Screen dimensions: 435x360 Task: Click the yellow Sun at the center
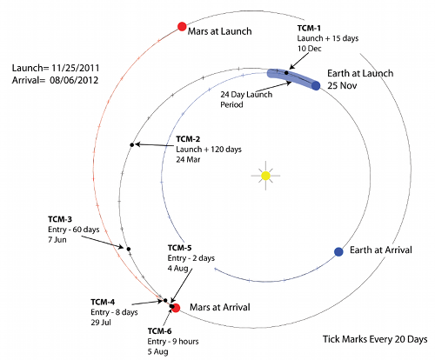[x=265, y=176]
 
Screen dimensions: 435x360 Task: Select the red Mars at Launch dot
[x=182, y=26]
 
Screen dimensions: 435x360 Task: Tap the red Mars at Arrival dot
[x=176, y=308]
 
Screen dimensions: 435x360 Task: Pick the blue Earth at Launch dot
[x=316, y=86]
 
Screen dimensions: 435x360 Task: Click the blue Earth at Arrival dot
[x=338, y=252]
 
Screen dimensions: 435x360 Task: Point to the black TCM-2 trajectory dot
[x=132, y=144]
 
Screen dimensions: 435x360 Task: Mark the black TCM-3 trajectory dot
[x=129, y=249]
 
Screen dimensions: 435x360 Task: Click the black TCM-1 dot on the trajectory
[x=286, y=73]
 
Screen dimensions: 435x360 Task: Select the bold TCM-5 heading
[x=179, y=248]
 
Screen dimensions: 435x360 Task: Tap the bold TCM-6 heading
[x=159, y=331]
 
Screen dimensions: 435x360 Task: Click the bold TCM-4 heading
[x=103, y=302]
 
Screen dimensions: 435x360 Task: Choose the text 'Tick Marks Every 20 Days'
[x=375, y=339]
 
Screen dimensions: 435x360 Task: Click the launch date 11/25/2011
[x=76, y=68]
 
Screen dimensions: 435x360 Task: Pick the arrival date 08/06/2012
[x=74, y=80]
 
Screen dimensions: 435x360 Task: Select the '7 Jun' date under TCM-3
[x=57, y=240]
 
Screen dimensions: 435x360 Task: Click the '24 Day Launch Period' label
[x=246, y=99]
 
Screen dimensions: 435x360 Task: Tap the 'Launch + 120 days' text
[x=209, y=150]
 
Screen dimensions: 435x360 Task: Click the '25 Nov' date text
[x=342, y=85]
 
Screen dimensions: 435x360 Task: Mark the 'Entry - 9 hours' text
[x=173, y=342]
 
